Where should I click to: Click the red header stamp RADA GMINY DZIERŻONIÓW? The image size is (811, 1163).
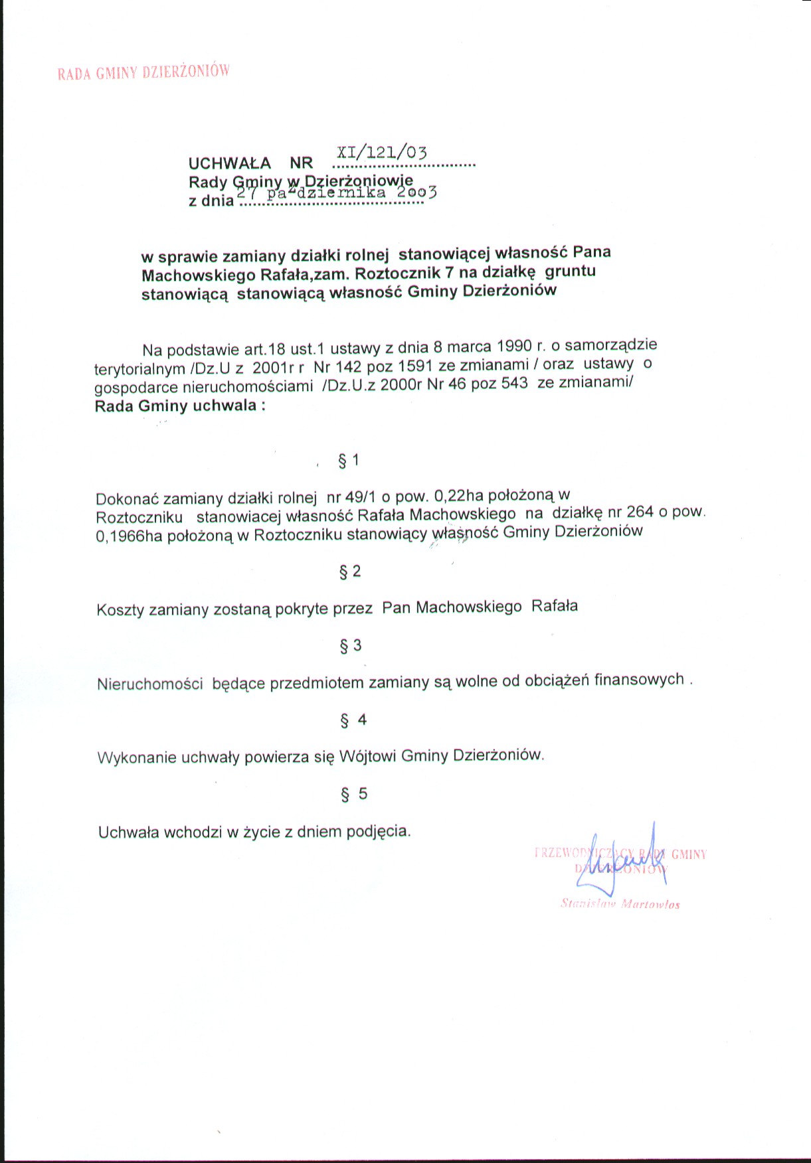[x=143, y=72]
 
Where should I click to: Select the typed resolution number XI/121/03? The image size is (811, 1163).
[x=382, y=151]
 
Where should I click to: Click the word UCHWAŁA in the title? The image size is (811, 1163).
[x=230, y=163]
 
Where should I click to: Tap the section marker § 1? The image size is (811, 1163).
[x=349, y=461]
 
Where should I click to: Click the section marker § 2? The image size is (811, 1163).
[x=350, y=572]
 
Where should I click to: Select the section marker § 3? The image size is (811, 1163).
[x=351, y=645]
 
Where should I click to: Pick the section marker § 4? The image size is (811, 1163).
[x=353, y=720]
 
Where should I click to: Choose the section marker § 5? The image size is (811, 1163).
[x=353, y=794]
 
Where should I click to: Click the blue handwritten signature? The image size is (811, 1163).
[x=621, y=861]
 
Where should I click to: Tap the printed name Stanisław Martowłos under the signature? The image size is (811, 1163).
[x=620, y=904]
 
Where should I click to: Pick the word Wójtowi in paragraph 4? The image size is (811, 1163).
[x=368, y=756]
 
